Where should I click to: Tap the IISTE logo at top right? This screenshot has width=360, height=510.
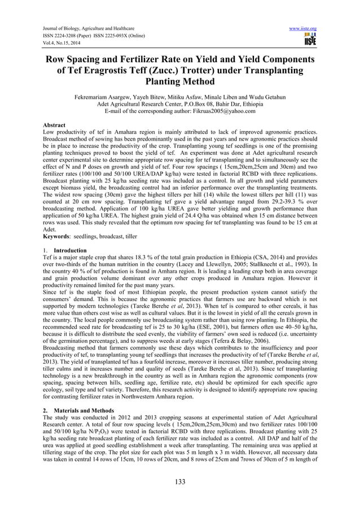[x=310, y=39]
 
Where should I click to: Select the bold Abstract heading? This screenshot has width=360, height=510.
[x=54, y=125]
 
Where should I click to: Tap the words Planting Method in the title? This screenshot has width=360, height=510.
[x=179, y=81]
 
